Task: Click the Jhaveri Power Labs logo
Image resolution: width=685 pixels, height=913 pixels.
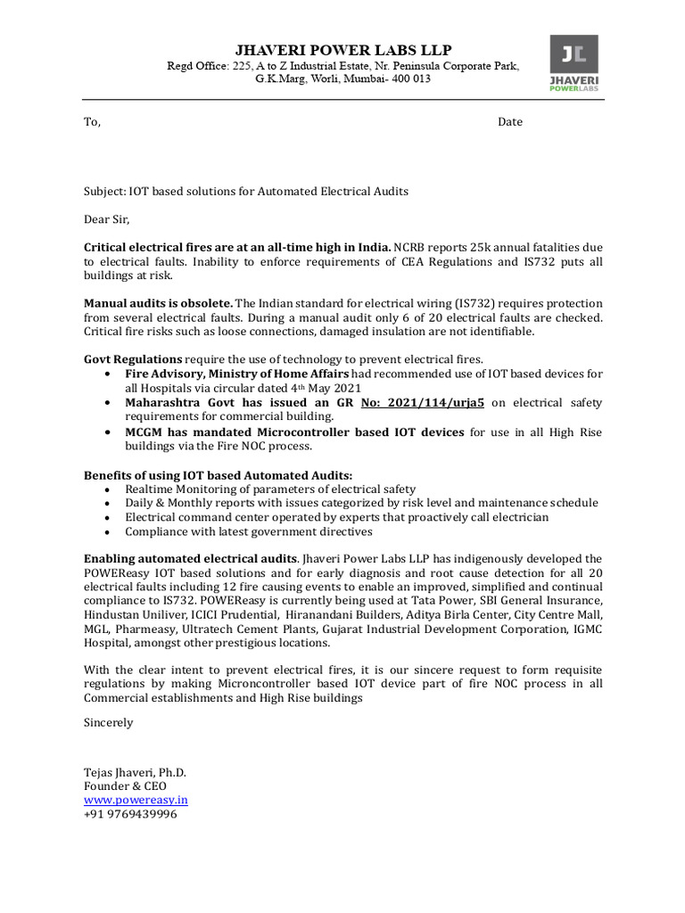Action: point(574,63)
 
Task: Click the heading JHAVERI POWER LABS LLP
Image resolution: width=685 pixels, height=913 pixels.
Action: point(344,49)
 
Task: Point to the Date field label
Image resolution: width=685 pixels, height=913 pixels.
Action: point(510,122)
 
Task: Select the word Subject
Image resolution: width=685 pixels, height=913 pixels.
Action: point(104,191)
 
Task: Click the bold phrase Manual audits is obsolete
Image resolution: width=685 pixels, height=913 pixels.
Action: point(159,303)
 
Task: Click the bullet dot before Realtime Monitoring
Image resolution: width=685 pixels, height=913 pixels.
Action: point(107,489)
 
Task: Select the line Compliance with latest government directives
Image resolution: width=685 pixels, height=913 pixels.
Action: point(249,531)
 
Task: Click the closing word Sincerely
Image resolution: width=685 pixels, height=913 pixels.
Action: point(108,722)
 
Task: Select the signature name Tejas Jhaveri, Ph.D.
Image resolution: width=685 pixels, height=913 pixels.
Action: point(135,772)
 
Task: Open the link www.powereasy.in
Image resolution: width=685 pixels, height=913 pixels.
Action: point(136,800)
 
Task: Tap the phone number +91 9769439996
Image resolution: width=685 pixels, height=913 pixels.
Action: point(130,814)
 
